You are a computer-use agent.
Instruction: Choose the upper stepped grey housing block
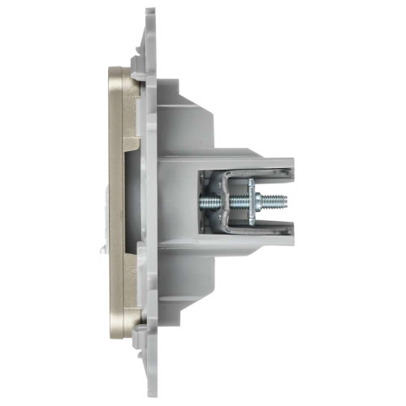coord(183,114)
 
